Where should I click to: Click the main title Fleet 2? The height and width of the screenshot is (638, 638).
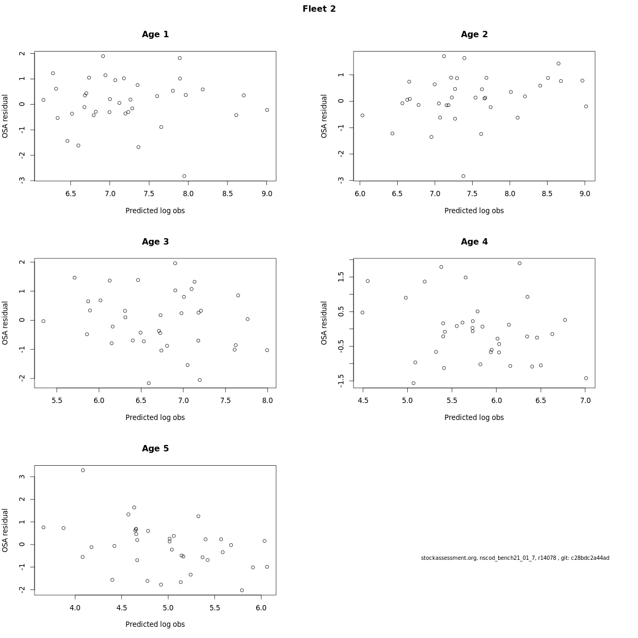(319, 9)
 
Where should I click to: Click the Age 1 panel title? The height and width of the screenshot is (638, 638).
(155, 35)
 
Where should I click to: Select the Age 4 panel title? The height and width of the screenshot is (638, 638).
(474, 242)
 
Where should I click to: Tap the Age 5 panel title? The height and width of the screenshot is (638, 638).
(155, 449)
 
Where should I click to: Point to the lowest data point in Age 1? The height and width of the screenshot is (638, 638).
(184, 176)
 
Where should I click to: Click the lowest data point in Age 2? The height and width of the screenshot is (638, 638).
(463, 176)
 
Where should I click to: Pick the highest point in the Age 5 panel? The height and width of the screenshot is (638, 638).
(83, 470)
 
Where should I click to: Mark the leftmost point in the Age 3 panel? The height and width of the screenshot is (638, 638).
(44, 321)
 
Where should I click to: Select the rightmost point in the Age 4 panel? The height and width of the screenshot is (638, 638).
(586, 378)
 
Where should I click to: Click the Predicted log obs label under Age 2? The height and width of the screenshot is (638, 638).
(474, 211)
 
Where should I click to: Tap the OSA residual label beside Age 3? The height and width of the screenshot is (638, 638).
(5, 323)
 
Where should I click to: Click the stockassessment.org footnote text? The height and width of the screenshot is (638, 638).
(515, 558)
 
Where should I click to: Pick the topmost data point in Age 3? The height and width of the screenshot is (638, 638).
(175, 263)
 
